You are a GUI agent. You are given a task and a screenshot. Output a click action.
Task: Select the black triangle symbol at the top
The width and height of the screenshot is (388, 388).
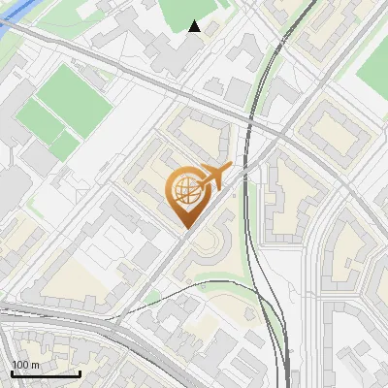pyautogui.click(x=195, y=26)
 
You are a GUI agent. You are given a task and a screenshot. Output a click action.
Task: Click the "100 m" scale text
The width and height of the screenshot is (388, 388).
pyautogui.click(x=25, y=365)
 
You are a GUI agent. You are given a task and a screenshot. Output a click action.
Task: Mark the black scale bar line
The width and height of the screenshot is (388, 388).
pyautogui.click(x=45, y=373)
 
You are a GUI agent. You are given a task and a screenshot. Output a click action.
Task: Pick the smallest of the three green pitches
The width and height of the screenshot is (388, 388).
pyautogui.click(x=64, y=145)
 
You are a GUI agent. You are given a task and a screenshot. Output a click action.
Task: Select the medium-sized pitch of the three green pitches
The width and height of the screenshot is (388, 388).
pyautogui.click(x=39, y=122)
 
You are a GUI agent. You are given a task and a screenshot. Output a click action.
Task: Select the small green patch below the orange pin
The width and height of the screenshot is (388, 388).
pyautogui.click(x=153, y=297)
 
